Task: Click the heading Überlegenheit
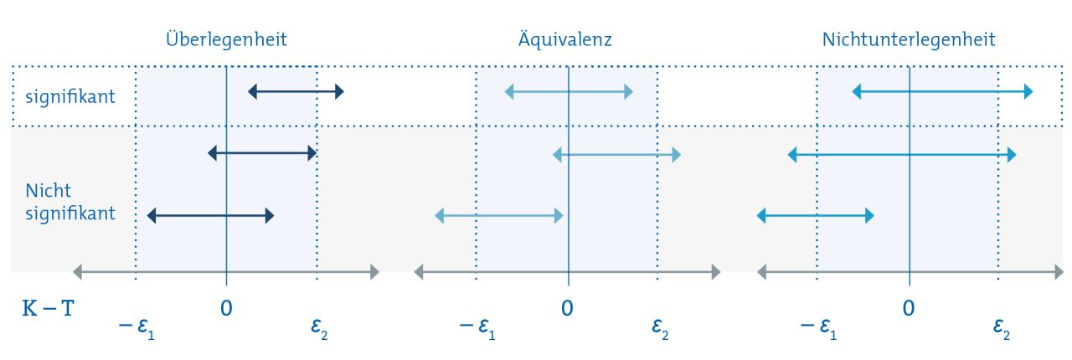[226, 39]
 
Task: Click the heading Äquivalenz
[567, 39]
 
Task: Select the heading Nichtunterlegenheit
[909, 39]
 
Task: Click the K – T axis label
[49, 307]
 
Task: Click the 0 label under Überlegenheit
[226, 307]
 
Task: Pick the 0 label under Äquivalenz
[567, 307]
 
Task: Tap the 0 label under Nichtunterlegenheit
[909, 307]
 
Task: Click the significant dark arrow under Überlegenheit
[296, 91]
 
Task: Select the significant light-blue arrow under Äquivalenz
[569, 91]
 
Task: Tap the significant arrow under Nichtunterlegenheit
[942, 91]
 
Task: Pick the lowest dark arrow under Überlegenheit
[210, 216]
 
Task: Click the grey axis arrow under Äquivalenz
[567, 271]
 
